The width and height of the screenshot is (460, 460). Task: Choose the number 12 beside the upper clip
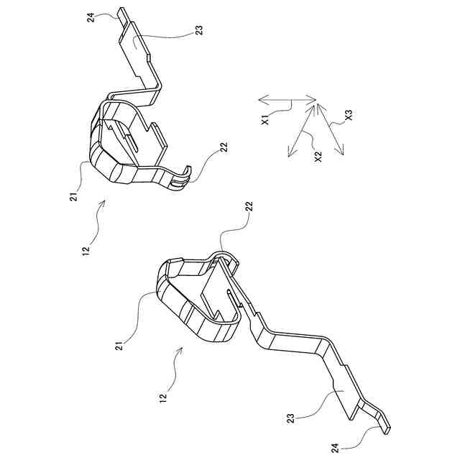click(86, 250)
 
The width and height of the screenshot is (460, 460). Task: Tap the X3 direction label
click(348, 114)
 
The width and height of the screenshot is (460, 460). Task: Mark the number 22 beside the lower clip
click(249, 206)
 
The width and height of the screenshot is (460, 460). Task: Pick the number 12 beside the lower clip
click(163, 396)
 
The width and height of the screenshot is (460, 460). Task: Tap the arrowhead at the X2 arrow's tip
click(289, 154)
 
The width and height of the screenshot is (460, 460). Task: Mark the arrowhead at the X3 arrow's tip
click(343, 153)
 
